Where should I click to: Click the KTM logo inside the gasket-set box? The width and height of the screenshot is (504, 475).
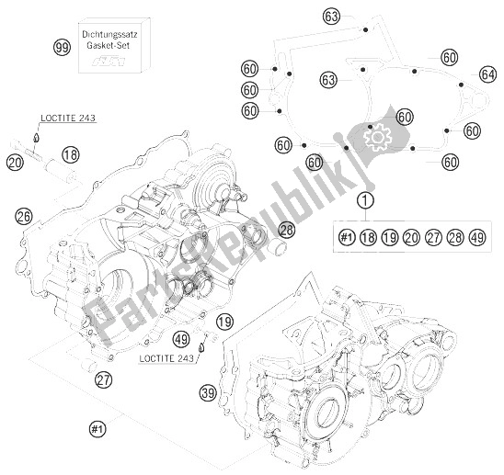(x=115, y=62)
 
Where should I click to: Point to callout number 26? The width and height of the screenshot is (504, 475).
(x=24, y=216)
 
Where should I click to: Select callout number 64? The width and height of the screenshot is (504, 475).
(x=487, y=74)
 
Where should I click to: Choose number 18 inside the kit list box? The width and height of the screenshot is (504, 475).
(x=368, y=238)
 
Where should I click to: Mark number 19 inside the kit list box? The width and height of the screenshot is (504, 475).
(x=389, y=238)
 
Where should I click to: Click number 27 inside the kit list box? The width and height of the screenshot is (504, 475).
(x=431, y=238)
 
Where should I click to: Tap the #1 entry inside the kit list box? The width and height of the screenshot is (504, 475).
(x=347, y=238)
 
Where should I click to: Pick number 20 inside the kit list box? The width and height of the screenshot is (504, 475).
(x=410, y=238)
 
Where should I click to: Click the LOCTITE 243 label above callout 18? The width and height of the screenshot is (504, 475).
(x=68, y=118)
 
